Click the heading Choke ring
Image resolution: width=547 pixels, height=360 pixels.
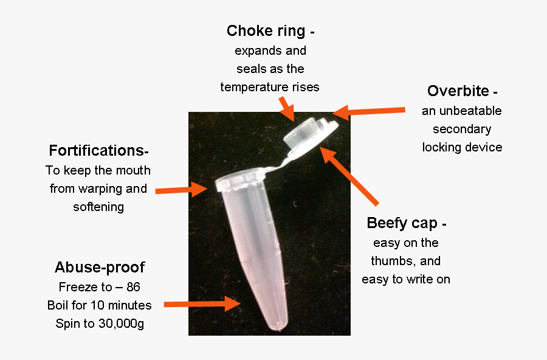tap(266, 31)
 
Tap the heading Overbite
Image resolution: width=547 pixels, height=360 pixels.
tap(458, 91)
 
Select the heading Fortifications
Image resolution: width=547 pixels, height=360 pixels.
tap(96, 150)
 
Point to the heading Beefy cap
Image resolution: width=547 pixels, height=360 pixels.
tap(402, 223)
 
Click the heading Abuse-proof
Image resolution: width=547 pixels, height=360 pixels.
tap(100, 268)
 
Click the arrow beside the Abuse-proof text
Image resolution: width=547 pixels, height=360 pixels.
tap(202, 303)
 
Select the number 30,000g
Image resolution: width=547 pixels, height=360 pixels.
tap(122, 324)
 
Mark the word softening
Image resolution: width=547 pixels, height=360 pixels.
tap(98, 207)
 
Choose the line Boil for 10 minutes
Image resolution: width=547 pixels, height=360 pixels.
tap(100, 305)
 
